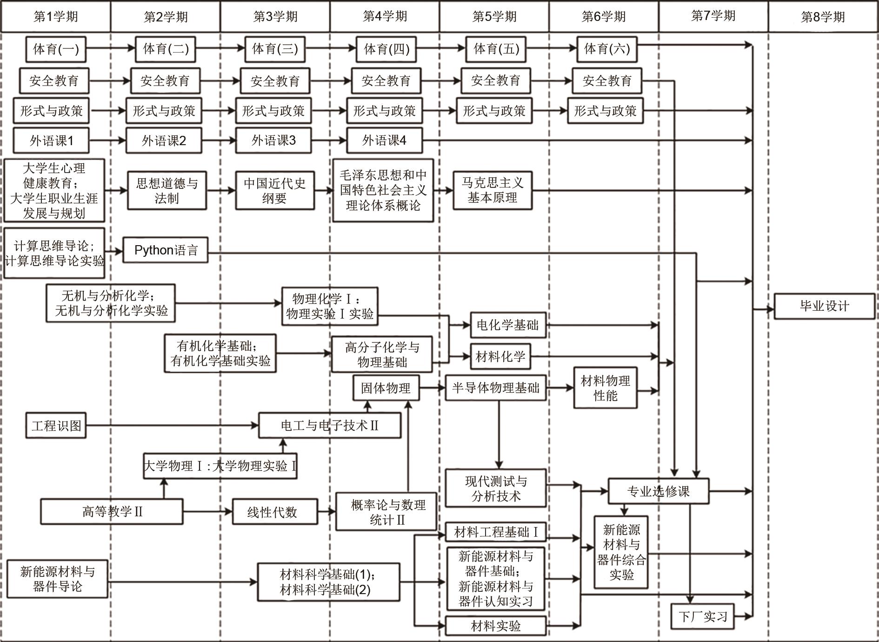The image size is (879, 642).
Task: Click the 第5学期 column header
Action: point(494,17)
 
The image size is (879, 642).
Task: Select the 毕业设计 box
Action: point(824,306)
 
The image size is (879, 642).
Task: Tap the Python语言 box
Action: point(166,250)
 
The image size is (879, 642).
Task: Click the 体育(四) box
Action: point(386,49)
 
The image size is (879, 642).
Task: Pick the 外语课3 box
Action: point(273,140)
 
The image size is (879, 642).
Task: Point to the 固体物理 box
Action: point(386,388)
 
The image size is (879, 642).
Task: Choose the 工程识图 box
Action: point(56,426)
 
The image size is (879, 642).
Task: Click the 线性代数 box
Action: point(275,512)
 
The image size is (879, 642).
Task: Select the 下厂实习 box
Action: point(702,617)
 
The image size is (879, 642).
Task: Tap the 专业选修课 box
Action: point(658,491)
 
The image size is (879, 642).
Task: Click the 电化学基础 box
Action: point(507,325)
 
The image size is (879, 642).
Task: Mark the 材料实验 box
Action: point(495,626)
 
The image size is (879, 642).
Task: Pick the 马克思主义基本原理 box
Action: point(493,190)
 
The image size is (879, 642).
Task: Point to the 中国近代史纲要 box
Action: point(274,191)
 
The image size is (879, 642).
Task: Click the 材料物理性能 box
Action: point(605,388)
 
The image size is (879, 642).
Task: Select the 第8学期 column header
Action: point(823,17)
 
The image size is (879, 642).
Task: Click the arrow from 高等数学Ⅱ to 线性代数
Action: point(207,512)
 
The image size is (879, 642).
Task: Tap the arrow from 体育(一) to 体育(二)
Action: point(111,48)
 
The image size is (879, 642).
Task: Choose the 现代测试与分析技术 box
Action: point(496,488)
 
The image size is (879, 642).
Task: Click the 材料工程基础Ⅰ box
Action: point(496,532)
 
